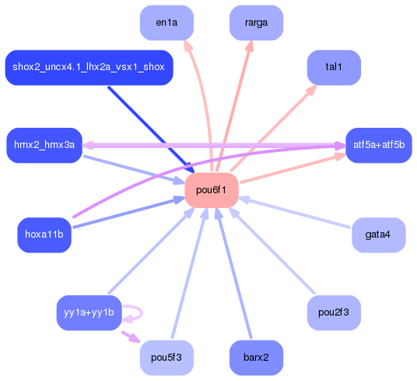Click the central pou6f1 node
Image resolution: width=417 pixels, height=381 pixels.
pos(211,189)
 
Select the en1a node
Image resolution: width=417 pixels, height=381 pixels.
pos(166,23)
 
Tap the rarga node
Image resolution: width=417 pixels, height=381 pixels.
pos(256,23)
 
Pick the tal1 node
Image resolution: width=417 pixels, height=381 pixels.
pos(334,67)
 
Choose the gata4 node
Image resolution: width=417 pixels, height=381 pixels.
pos(378,234)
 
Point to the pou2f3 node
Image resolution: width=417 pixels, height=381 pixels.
pos(334,312)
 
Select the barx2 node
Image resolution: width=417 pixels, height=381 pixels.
pos(256,358)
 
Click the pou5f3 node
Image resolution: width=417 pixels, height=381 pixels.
pos(166,358)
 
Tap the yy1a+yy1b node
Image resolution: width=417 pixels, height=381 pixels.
pos(89,312)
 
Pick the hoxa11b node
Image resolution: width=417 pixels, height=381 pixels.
pos(44,234)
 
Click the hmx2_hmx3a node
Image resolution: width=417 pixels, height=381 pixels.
pos(44,145)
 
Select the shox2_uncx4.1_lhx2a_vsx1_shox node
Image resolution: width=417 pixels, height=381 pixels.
pos(89,67)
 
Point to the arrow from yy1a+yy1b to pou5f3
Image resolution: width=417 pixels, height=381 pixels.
pos(129,336)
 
